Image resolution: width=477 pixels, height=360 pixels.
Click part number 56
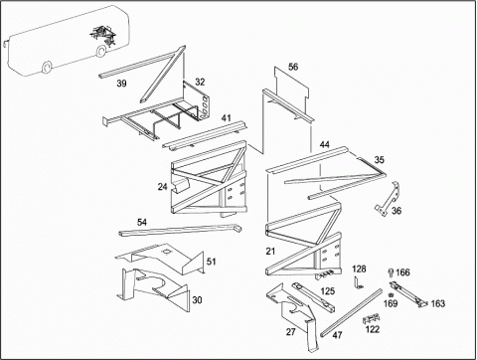293,67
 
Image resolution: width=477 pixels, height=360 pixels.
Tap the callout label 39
121,84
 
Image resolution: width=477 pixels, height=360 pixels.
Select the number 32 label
200,82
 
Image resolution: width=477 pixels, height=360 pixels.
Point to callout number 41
227,118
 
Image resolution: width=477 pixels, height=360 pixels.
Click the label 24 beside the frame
162,187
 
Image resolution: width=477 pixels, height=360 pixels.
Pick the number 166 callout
402,272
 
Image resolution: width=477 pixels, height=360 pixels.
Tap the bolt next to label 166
391,272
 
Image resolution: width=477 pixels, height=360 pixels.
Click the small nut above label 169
391,294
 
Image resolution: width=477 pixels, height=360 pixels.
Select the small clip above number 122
372,319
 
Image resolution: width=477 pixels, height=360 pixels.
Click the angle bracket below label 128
358,283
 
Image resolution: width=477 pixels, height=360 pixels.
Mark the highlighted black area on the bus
103,35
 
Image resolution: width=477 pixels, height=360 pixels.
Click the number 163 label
438,303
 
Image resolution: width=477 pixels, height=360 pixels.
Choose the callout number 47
337,335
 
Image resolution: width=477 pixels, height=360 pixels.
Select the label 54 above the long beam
142,222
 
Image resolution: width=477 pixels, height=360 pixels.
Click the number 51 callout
211,262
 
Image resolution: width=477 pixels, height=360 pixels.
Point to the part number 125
328,291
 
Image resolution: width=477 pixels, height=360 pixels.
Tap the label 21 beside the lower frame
270,252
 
